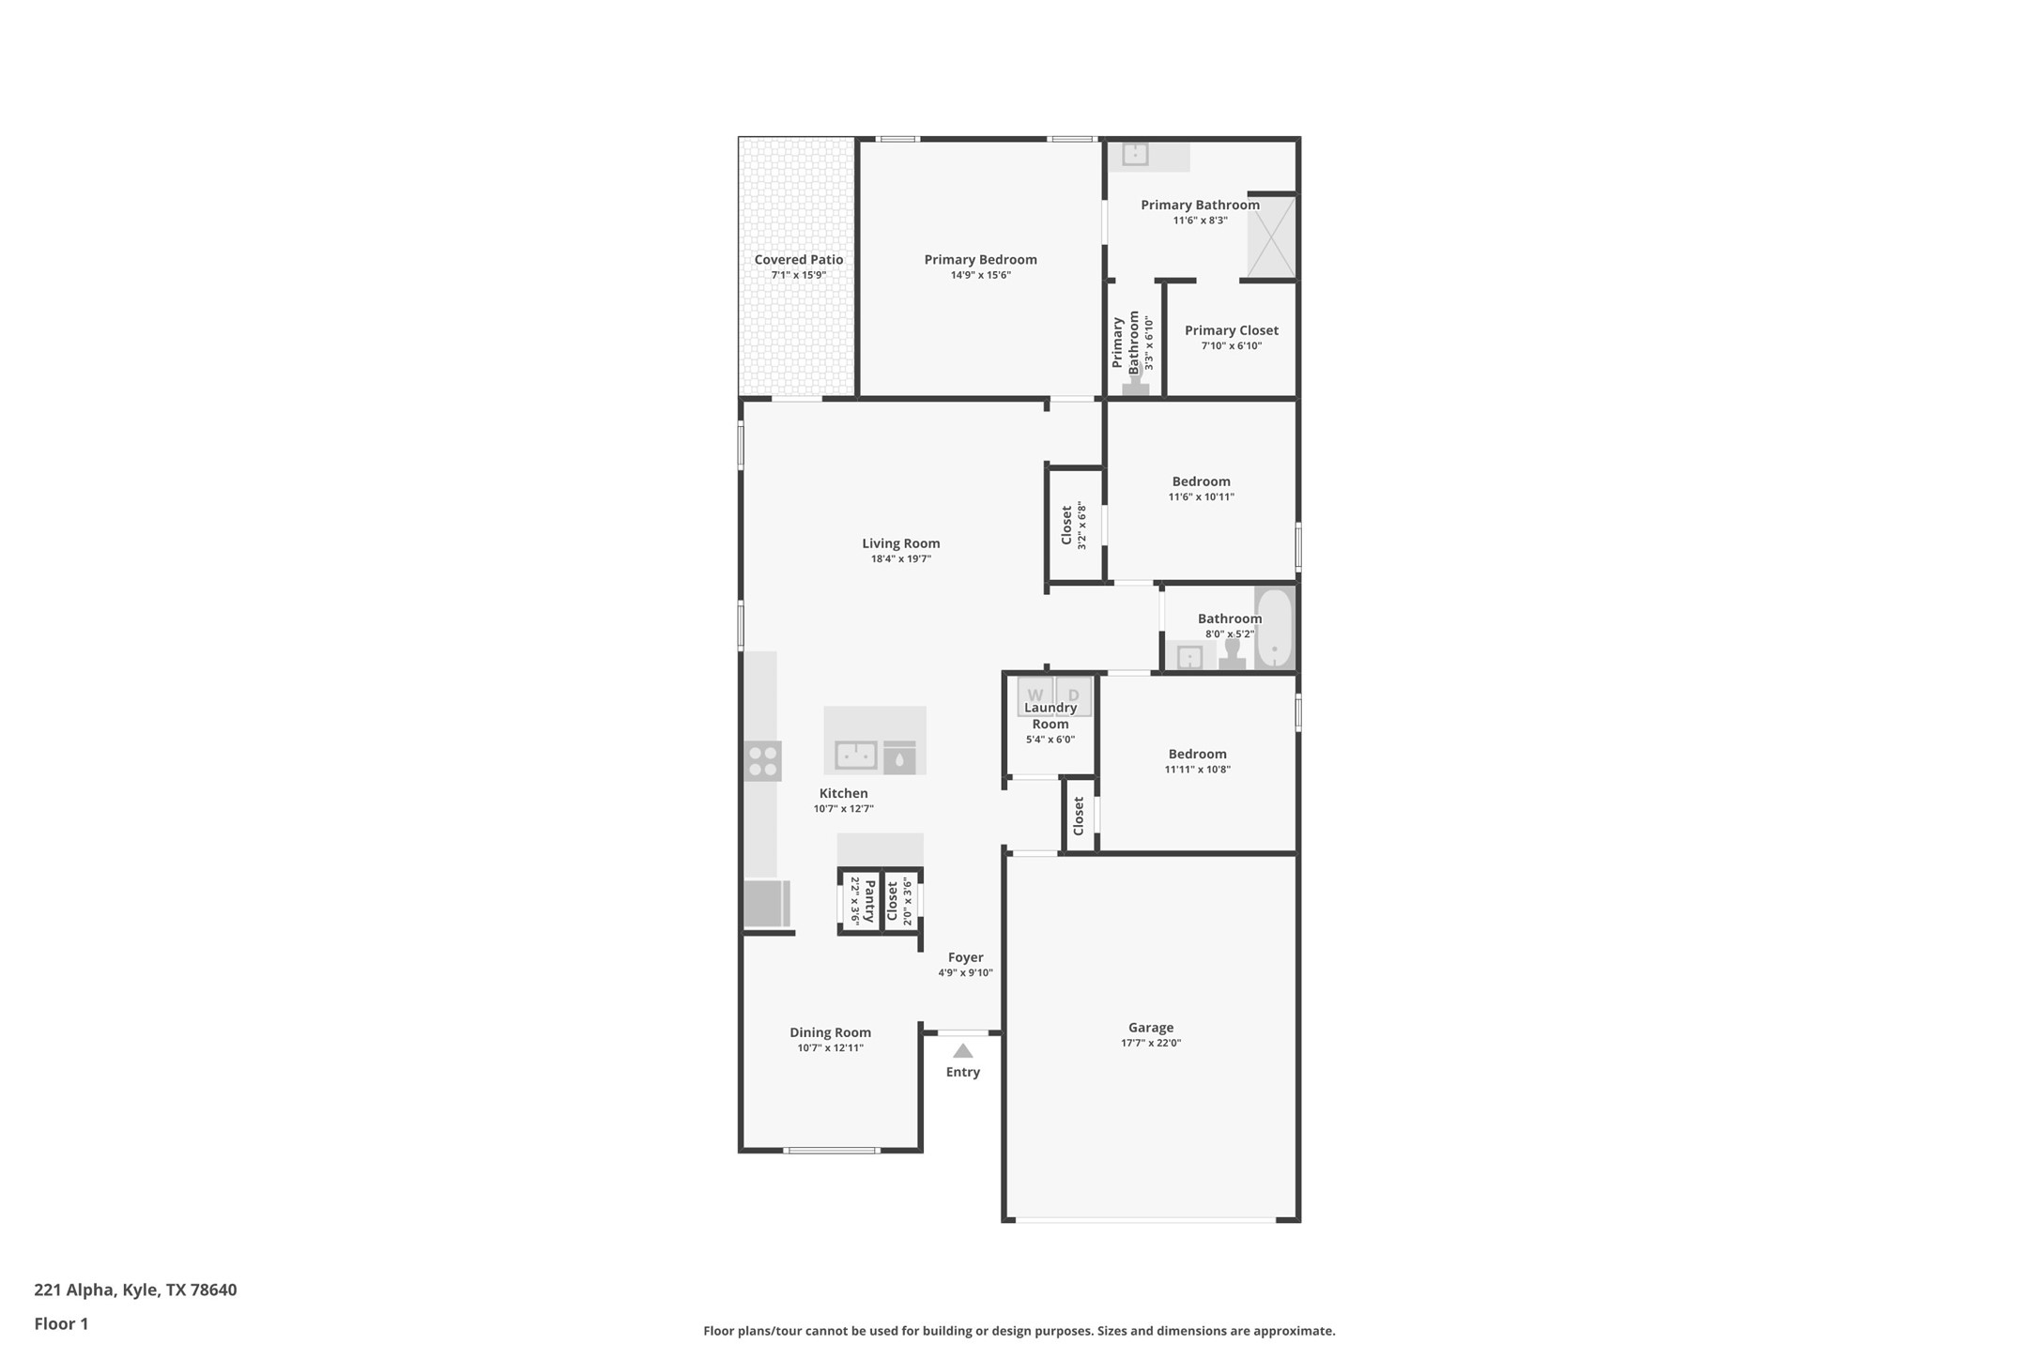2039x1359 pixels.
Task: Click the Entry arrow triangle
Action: [x=963, y=1051]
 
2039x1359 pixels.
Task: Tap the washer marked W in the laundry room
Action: [x=1035, y=695]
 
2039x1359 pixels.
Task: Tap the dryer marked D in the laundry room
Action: [x=1074, y=695]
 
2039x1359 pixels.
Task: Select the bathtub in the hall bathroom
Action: [x=1274, y=627]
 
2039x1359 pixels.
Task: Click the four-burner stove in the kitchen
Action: [x=762, y=761]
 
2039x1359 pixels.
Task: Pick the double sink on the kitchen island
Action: [x=856, y=755]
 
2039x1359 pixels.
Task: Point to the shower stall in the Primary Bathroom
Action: [x=1271, y=237]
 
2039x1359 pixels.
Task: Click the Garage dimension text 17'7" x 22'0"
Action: [x=1151, y=1043]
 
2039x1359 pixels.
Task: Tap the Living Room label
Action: [x=900, y=543]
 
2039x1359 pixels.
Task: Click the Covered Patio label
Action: [x=799, y=260]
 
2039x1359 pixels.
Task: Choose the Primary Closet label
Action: [x=1231, y=330]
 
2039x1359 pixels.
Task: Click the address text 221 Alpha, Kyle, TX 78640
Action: [x=135, y=1290]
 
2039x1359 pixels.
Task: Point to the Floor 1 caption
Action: [x=61, y=1324]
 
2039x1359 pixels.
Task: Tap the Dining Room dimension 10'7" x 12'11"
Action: [x=830, y=1048]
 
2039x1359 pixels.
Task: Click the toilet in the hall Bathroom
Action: [x=1232, y=653]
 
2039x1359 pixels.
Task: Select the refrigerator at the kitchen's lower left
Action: [x=766, y=903]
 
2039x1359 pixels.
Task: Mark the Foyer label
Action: [x=965, y=957]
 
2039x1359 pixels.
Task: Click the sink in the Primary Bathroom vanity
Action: [x=1135, y=153]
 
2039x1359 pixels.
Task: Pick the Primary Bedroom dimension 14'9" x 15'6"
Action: [x=980, y=275]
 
